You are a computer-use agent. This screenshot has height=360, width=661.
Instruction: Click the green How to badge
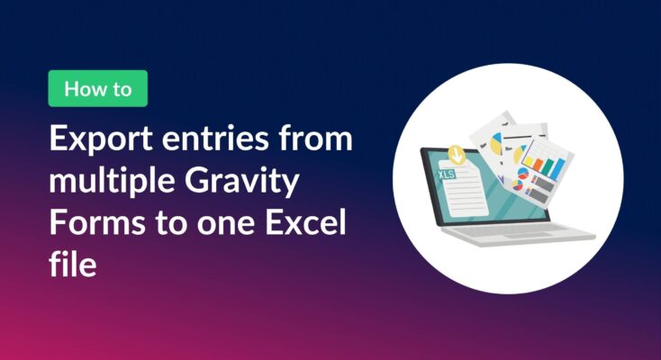pyautogui.click(x=97, y=89)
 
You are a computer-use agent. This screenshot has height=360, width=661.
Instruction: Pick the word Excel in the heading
pyautogui.click(x=299, y=223)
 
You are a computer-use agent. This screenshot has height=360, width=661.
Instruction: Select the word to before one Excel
pyautogui.click(x=169, y=223)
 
